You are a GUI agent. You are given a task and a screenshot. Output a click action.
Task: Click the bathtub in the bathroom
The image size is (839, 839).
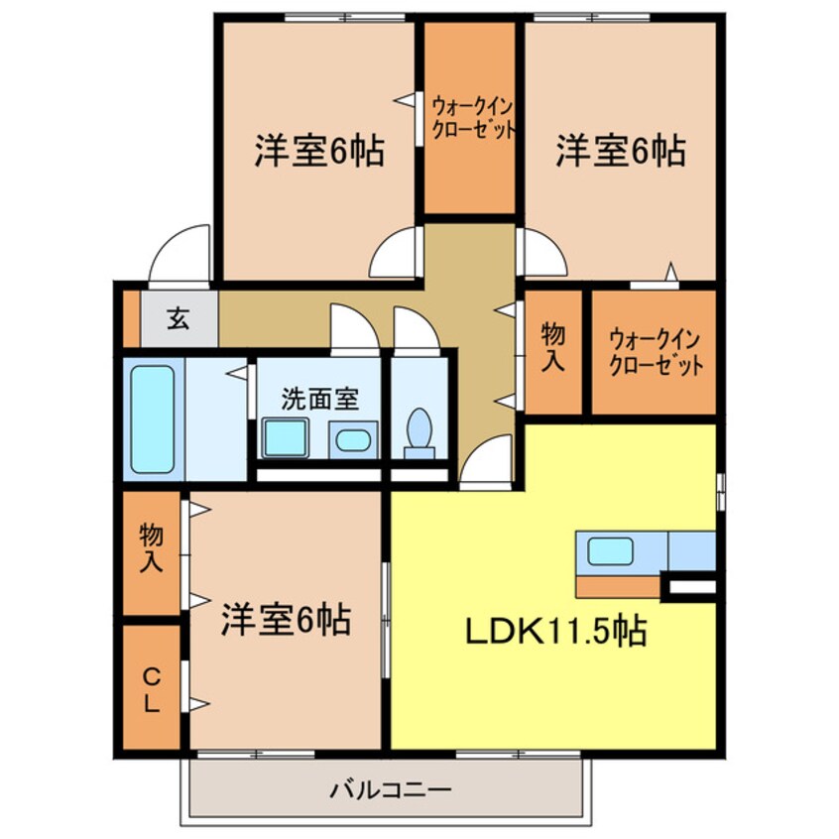(153, 419)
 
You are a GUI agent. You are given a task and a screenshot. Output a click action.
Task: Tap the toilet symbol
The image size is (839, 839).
(419, 434)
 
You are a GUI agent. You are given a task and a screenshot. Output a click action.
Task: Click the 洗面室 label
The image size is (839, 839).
(320, 399)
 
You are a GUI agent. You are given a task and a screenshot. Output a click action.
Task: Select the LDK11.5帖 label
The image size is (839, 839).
(556, 631)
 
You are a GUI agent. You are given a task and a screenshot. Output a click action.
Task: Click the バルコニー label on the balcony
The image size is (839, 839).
(391, 789)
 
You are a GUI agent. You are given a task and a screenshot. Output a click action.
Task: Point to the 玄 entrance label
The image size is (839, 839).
(179, 319)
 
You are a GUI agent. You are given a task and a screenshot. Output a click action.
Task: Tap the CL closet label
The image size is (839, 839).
(152, 691)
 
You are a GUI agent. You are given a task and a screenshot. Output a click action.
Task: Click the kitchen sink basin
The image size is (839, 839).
(611, 551)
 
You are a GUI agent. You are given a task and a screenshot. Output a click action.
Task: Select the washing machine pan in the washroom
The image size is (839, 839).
(286, 438)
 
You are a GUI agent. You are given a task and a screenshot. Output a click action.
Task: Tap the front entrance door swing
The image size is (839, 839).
(180, 253)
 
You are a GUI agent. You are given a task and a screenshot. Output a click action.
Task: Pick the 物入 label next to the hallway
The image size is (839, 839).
(553, 347)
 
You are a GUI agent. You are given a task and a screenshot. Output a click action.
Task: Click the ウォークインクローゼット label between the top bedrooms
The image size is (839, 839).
(473, 118)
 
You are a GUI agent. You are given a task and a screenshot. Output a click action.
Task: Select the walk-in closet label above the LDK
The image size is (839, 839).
(655, 353)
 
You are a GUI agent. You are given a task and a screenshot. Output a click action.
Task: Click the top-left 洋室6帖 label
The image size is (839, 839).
(319, 151)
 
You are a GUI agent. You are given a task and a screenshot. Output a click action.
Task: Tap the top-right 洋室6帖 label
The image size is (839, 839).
(621, 151)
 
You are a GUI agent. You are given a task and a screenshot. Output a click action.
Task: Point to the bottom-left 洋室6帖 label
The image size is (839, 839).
(287, 619)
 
